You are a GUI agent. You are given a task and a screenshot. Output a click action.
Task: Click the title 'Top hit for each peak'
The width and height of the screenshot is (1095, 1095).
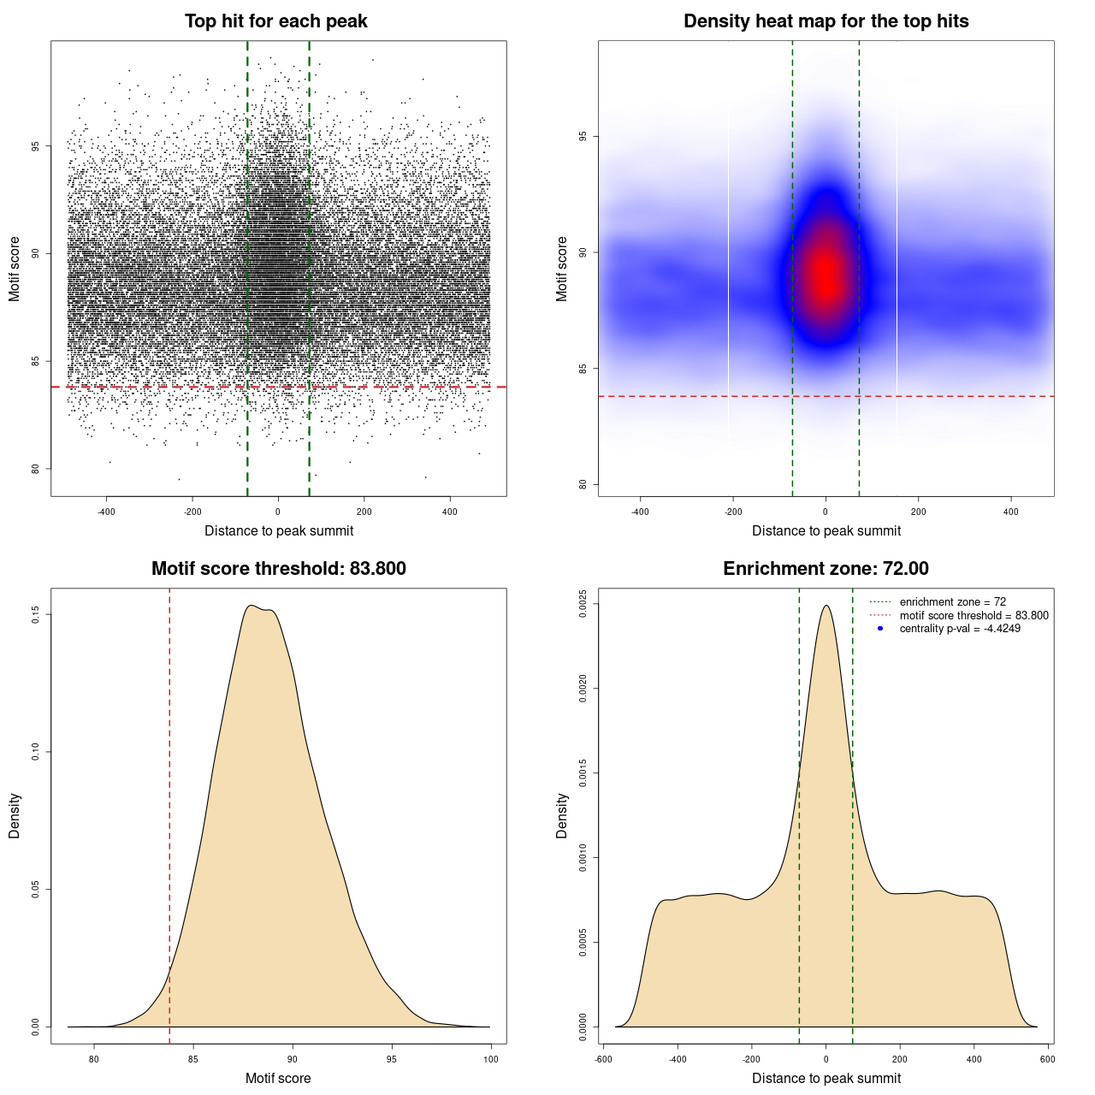coord(275,21)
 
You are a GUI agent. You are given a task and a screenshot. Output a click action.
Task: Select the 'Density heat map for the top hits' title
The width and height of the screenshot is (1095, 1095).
coord(826,21)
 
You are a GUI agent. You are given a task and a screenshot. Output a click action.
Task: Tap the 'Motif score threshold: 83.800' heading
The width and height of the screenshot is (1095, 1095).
coord(278,569)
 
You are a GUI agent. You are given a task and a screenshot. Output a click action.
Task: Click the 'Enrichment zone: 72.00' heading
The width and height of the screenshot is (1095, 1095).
coord(826,569)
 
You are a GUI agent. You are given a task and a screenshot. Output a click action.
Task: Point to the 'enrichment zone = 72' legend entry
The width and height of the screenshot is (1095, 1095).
coord(952,602)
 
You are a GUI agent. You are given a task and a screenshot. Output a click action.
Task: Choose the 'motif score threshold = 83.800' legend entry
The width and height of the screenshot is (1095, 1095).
coord(974,616)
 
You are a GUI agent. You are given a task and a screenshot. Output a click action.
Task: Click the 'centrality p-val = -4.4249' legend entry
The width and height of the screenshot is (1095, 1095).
coord(960,629)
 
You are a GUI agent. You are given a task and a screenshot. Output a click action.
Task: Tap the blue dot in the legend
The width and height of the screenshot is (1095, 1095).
coord(880,629)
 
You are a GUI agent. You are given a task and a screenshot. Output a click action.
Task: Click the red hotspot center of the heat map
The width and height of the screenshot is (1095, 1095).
coord(826,274)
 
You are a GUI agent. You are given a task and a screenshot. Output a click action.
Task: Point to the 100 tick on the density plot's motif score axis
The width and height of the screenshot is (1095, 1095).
coord(490,1059)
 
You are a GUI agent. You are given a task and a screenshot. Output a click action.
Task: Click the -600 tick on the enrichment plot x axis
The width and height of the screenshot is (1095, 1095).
coord(603,1059)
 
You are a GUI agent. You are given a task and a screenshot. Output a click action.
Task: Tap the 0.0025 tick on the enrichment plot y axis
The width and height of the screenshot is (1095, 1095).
coord(583,604)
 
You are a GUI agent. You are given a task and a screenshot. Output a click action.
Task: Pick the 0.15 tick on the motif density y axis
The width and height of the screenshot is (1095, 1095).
coord(35,614)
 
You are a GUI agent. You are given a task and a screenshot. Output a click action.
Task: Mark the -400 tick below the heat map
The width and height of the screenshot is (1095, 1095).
coord(640,512)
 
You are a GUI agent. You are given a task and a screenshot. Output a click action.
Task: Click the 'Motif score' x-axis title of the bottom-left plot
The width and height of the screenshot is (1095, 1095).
coord(278,1078)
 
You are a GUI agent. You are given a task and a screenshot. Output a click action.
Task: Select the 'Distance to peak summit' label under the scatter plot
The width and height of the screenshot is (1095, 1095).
coord(279,530)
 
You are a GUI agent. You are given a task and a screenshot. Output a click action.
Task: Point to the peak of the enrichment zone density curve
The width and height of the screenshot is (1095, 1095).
coord(826,606)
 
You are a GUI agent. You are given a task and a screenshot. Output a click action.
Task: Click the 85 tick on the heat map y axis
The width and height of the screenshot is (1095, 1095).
coord(583,369)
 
